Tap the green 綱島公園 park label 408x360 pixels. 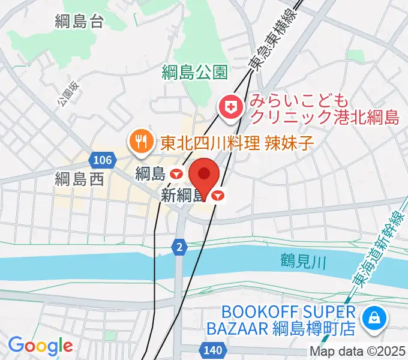(195, 73)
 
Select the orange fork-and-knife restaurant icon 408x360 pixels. (139, 142)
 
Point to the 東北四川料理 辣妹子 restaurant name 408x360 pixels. (238, 142)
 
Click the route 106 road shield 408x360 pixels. (103, 160)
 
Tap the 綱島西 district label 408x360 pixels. (79, 178)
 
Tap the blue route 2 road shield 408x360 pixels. (178, 245)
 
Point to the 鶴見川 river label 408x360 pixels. (303, 261)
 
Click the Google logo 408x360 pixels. (40, 346)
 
